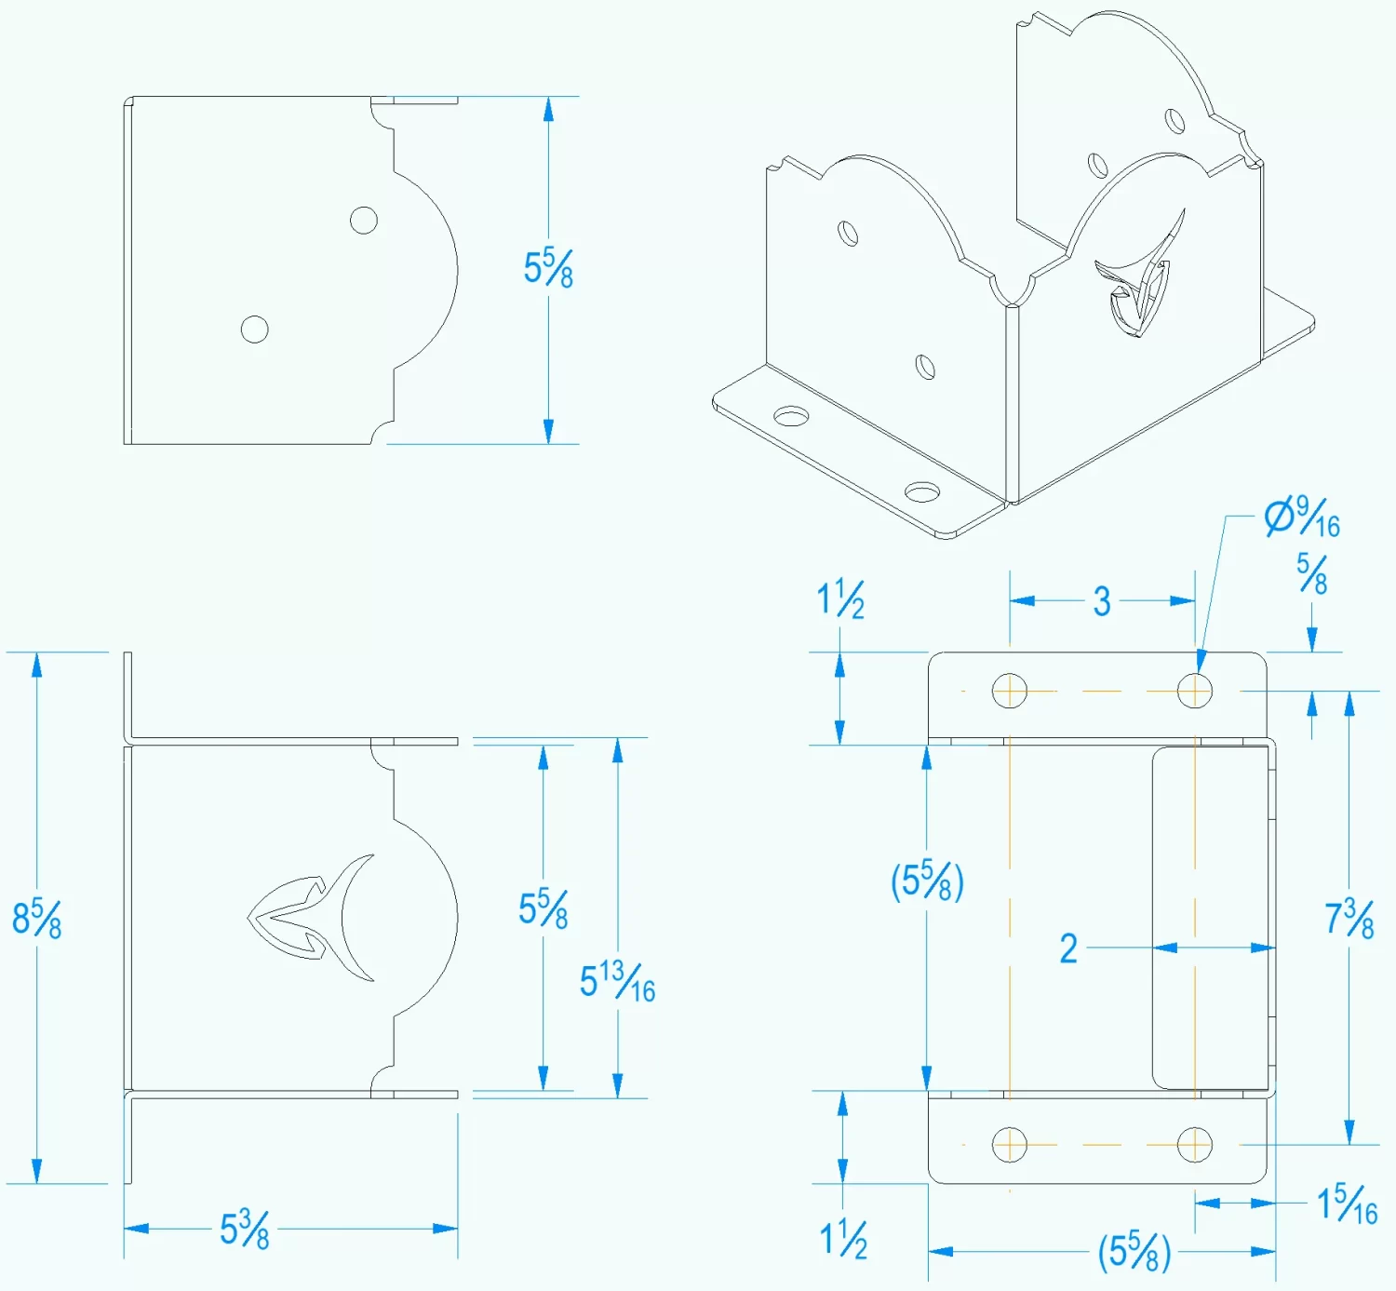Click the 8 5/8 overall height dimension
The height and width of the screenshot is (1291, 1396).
pos(36,919)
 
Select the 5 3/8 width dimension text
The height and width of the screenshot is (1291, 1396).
pos(244,1230)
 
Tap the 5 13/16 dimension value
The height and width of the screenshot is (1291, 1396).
pos(617,982)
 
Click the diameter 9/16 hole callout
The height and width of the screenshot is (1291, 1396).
pos(1302,518)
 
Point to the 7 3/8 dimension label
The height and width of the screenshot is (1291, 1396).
pos(1349,920)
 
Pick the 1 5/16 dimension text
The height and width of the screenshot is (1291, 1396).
pos(1347,1204)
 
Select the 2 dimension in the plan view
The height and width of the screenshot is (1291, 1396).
pos(1068,948)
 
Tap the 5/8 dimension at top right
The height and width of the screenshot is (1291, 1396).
pos(1312,574)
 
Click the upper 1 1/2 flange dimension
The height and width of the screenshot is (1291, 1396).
pos(840,599)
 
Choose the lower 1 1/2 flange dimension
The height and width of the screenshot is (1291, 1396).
pos(843,1240)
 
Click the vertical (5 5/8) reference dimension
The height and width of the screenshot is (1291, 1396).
pos(927,881)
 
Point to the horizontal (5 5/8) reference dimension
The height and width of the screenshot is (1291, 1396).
pos(1134,1252)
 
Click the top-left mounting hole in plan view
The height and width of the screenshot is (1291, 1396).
pos(1010,692)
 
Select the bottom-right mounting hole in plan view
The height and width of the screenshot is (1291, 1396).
pos(1194,1145)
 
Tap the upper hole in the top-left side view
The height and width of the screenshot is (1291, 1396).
pos(363,221)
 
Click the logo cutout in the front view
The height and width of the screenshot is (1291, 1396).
pos(312,918)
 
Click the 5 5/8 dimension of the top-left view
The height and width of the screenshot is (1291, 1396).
pos(548,268)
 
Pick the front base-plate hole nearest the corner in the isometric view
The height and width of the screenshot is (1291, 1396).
pos(922,491)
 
